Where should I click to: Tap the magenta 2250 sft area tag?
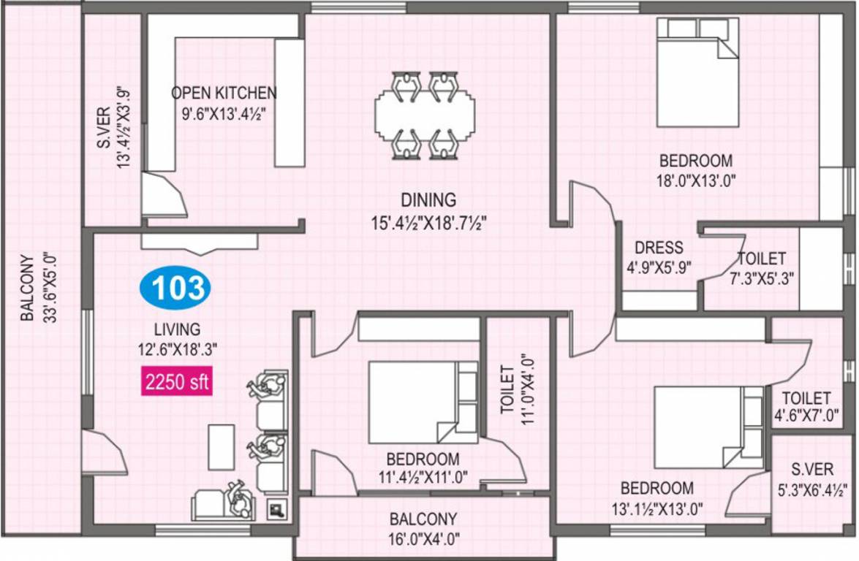click(177, 382)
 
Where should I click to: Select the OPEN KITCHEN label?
click(224, 93)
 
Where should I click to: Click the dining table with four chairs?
click(424, 115)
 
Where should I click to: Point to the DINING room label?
click(428, 199)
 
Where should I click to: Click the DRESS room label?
click(659, 248)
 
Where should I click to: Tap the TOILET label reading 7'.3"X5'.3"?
click(761, 268)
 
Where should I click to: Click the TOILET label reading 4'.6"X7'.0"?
click(806, 406)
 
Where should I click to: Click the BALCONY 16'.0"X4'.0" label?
click(423, 530)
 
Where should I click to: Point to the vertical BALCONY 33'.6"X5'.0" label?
click(38, 288)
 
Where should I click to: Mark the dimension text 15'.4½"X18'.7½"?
click(428, 221)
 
